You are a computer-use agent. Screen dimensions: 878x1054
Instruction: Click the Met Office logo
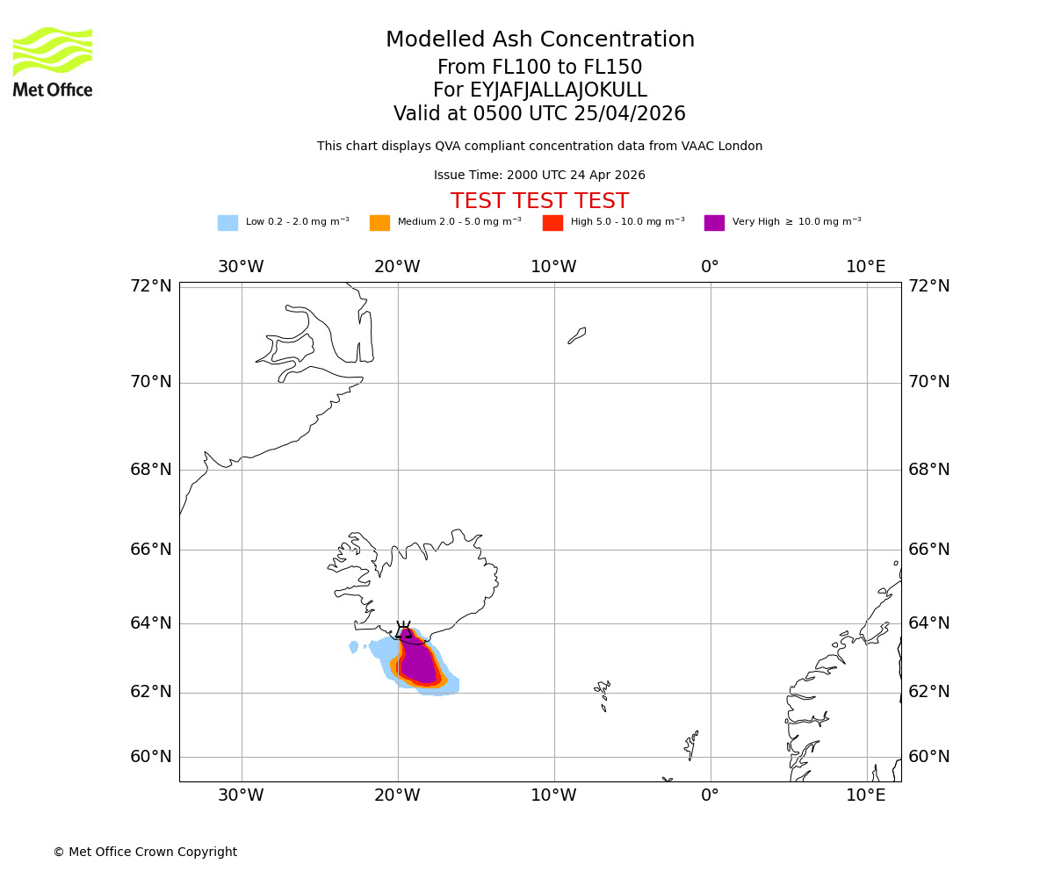click(53, 61)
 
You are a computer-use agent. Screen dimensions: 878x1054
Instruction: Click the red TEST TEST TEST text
click(539, 202)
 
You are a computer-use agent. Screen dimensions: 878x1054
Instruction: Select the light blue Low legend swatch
click(227, 223)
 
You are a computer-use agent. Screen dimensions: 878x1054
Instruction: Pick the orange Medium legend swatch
click(379, 223)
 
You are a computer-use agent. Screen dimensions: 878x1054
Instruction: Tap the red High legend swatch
click(552, 223)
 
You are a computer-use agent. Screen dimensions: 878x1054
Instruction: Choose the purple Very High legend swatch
click(714, 223)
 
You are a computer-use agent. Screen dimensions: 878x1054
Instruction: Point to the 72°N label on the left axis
click(151, 286)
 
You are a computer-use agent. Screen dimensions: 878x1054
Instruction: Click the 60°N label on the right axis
click(928, 757)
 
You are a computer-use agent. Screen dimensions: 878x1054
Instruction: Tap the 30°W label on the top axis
click(241, 267)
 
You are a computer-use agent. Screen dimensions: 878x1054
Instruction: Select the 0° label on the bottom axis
click(710, 795)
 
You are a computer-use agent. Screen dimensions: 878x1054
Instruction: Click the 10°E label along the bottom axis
click(866, 795)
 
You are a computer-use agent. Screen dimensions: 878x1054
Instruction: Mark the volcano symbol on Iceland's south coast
click(404, 630)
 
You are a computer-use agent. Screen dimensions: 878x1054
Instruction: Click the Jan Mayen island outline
click(577, 335)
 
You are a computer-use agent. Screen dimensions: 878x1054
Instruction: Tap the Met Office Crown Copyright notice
click(145, 853)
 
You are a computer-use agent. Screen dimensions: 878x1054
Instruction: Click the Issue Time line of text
click(539, 176)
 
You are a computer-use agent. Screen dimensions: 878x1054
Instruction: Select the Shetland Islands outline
click(691, 745)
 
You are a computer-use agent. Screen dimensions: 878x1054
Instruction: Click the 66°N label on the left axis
click(151, 550)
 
